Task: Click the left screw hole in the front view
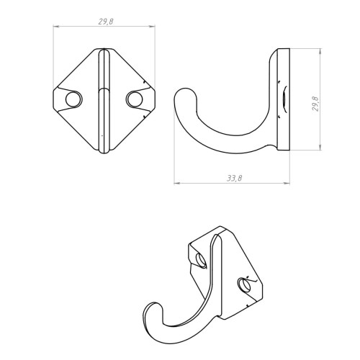74,99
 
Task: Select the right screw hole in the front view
135,99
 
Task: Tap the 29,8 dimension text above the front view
106,22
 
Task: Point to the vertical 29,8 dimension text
315,104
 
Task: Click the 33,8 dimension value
235,178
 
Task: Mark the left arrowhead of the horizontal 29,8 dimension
56,26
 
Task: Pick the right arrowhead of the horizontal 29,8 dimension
152,26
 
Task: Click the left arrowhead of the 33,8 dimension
177,183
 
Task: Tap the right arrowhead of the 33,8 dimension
287,183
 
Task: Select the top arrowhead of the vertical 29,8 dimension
320,52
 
